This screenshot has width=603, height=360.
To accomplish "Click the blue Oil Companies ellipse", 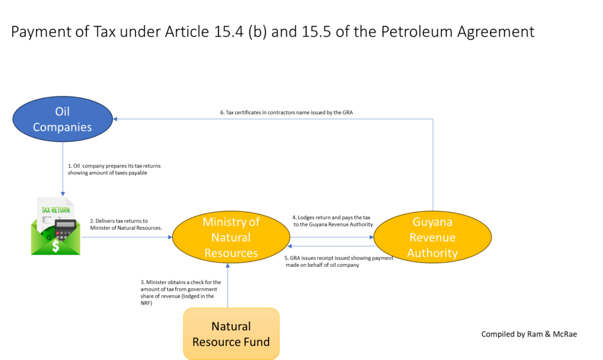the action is [x=62, y=119].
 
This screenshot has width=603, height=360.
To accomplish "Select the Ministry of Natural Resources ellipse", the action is [x=231, y=237].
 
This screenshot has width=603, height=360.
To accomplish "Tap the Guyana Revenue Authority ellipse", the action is [x=433, y=237].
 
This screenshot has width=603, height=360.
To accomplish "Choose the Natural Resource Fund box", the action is [x=231, y=334].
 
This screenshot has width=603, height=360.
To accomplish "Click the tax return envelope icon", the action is [x=56, y=226].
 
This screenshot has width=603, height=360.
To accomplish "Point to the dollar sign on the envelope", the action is [x=56, y=246].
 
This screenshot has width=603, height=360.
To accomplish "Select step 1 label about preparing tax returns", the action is [x=114, y=169].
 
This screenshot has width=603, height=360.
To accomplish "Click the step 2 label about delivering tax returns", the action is [x=126, y=224].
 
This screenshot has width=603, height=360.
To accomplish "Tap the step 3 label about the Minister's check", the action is [x=181, y=292].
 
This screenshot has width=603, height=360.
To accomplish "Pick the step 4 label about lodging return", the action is [x=333, y=221].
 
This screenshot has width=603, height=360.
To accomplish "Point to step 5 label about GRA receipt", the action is [x=339, y=262].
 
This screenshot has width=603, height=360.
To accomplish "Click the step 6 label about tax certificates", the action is [x=287, y=113].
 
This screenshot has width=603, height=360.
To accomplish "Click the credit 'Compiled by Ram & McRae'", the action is [x=529, y=334].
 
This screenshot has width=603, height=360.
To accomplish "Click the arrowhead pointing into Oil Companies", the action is [x=115, y=119].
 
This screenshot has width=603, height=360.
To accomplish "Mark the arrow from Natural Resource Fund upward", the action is [x=228, y=285].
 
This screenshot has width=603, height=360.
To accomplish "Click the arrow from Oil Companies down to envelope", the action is [x=62, y=169].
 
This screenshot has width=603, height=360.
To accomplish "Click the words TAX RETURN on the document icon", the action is [x=56, y=210].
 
